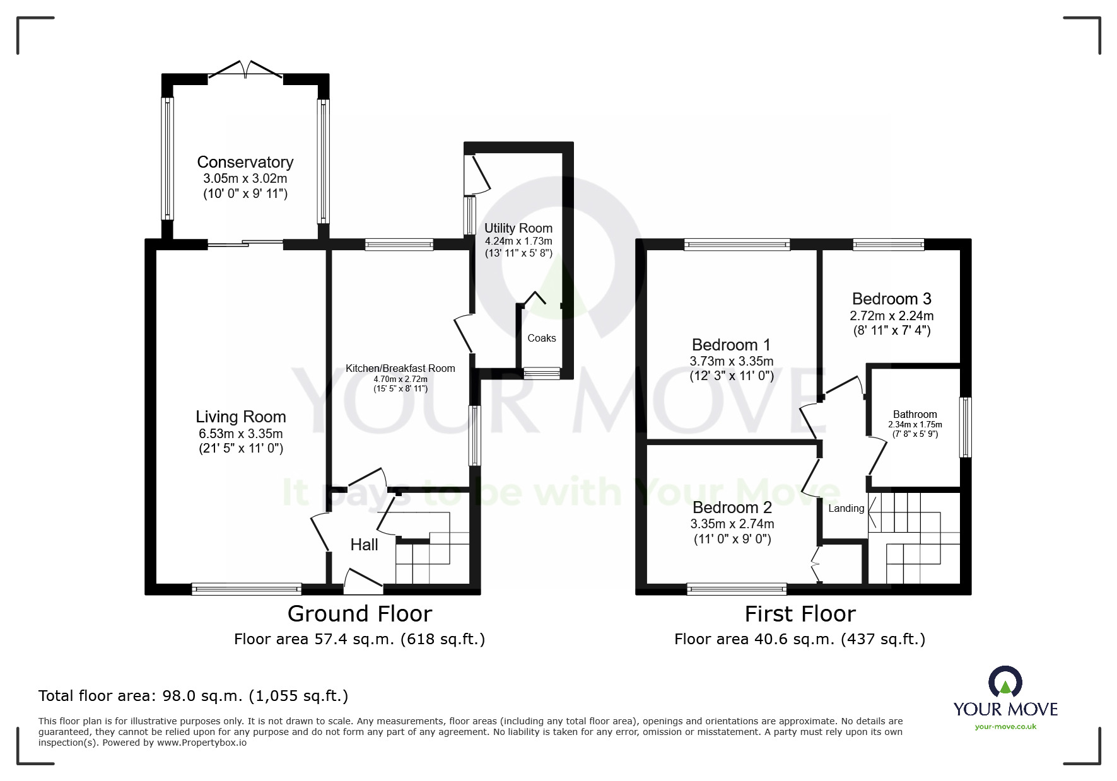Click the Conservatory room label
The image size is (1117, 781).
(x=245, y=162)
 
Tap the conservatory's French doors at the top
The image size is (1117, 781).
(x=245, y=70)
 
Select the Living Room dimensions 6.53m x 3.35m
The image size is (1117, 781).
(x=240, y=434)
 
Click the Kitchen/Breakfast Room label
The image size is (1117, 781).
(x=400, y=368)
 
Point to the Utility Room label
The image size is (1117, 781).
(x=518, y=228)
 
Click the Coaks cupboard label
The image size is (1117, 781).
(x=541, y=338)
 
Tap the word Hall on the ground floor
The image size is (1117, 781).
(x=364, y=545)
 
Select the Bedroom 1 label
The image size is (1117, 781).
(x=731, y=345)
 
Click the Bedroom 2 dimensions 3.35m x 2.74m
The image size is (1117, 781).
(x=732, y=524)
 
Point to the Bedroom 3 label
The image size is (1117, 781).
(x=891, y=299)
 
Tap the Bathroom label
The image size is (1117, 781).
(x=915, y=414)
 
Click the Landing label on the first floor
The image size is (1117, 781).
(x=846, y=509)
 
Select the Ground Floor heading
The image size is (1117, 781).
(x=360, y=613)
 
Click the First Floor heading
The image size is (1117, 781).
(x=800, y=613)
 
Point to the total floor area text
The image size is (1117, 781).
(x=193, y=696)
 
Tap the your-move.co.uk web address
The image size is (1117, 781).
(x=1005, y=727)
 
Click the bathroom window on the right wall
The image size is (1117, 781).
(x=965, y=427)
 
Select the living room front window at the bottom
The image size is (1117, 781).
(x=247, y=589)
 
